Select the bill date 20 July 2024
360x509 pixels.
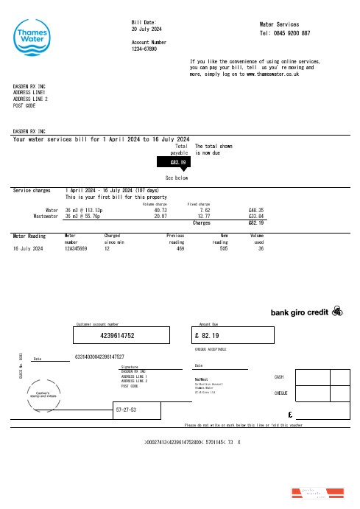(147, 29)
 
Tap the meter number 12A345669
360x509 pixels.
(76, 249)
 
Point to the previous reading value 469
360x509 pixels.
(180, 249)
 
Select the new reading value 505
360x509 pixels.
(225, 249)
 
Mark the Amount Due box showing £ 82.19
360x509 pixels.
(224, 335)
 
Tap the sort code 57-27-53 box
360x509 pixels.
(138, 409)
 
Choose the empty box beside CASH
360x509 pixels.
(320, 376)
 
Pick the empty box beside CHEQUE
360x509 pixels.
(320, 393)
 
